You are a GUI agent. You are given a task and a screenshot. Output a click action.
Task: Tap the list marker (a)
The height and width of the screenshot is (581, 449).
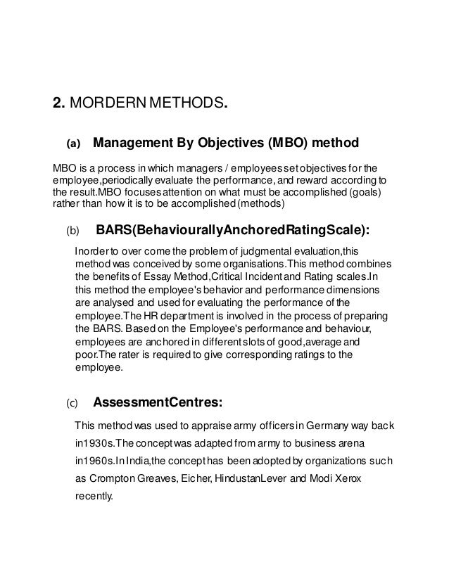73,145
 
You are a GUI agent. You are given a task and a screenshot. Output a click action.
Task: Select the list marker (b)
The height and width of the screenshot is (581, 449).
73,230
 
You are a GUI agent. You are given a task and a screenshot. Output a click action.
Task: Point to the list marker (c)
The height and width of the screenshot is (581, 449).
73,404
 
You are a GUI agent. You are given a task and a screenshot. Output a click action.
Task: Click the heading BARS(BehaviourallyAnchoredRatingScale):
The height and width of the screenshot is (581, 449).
232,229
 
